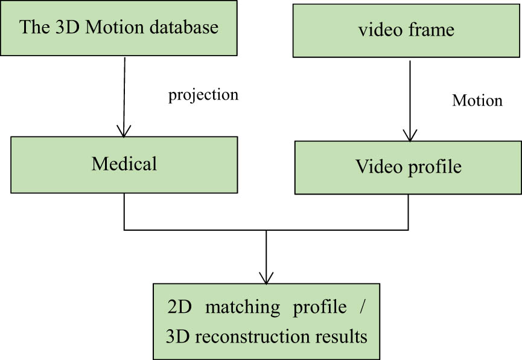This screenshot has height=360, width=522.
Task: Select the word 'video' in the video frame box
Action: point(375,30)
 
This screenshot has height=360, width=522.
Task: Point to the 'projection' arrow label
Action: point(203,95)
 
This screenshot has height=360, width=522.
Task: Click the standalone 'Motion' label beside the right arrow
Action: point(477,100)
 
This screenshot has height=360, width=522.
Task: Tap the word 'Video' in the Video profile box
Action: point(375,167)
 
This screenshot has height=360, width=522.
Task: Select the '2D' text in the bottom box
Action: point(179,307)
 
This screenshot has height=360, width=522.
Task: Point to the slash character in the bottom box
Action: point(362,307)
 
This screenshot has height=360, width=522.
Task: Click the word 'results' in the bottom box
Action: point(340,336)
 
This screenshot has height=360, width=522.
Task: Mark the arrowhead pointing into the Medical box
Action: point(124,131)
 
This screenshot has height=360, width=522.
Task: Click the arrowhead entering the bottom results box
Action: point(266,278)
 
